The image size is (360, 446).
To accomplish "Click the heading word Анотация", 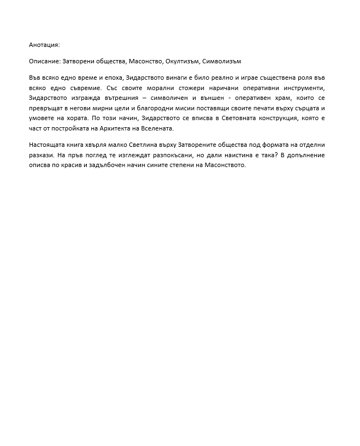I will point(44,44).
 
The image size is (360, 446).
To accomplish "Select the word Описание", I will point(45,61).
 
